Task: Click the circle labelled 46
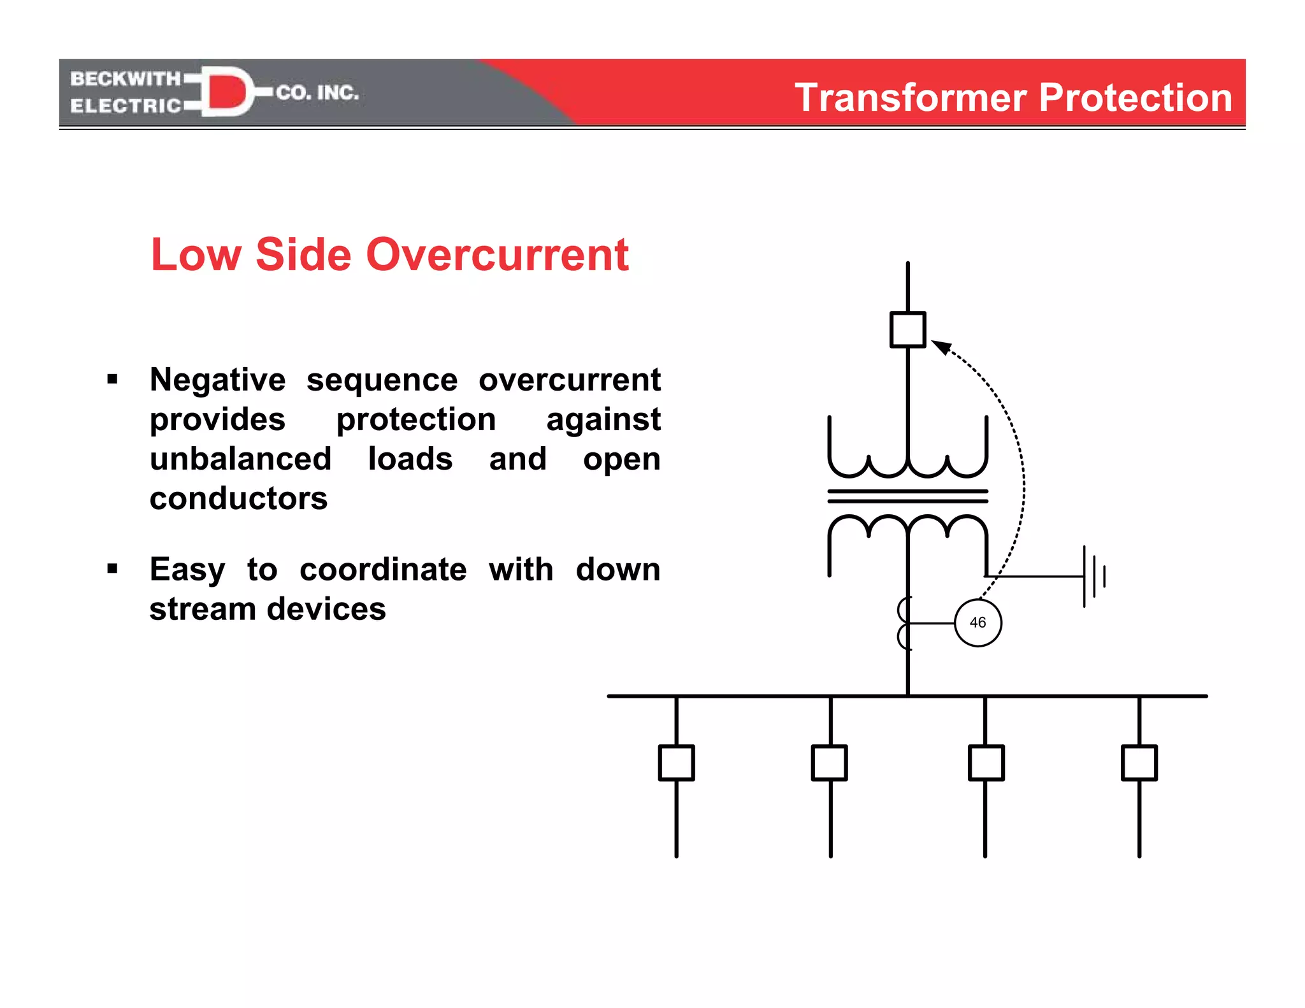pyautogui.click(x=977, y=623)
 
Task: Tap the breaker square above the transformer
pyautogui.click(x=907, y=329)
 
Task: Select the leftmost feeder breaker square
pyautogui.click(x=676, y=763)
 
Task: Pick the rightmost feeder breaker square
pyautogui.click(x=1139, y=763)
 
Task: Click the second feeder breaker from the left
pyautogui.click(x=829, y=763)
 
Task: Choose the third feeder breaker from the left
pyautogui.click(x=986, y=763)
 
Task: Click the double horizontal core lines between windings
pyautogui.click(x=907, y=496)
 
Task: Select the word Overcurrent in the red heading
pyautogui.click(x=498, y=255)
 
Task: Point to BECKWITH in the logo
pyautogui.click(x=126, y=79)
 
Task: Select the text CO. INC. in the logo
pyautogui.click(x=317, y=93)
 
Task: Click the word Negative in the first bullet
pyautogui.click(x=218, y=380)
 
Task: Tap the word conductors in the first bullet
pyautogui.click(x=238, y=498)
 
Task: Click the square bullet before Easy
pyautogui.click(x=113, y=568)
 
